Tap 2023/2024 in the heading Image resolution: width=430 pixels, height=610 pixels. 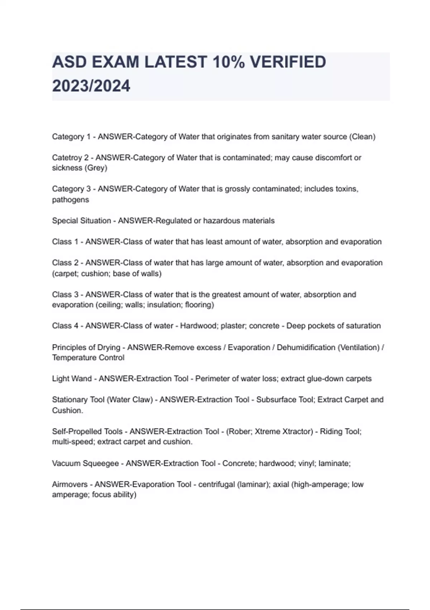(91, 86)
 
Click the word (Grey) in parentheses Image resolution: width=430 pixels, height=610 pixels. (96, 168)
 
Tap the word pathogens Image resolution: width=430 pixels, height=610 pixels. (70, 200)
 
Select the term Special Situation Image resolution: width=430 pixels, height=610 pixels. (81, 221)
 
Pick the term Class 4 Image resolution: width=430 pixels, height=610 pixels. (65, 326)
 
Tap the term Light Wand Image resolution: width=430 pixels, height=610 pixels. (72, 379)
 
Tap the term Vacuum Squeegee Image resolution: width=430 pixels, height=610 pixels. (85, 463)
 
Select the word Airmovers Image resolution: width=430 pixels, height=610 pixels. (70, 484)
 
